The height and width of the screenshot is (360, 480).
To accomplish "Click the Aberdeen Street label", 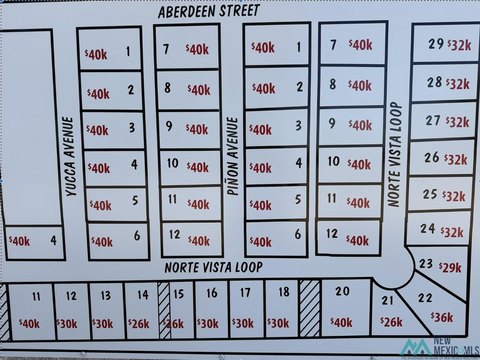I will click(x=208, y=11).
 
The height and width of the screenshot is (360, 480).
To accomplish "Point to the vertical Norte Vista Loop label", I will click(x=395, y=154).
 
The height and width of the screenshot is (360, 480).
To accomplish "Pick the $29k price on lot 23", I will click(x=450, y=268).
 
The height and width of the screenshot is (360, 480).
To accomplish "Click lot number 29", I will click(x=436, y=44).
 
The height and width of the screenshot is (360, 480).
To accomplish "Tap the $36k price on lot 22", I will click(x=442, y=317).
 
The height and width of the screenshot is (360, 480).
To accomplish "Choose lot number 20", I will click(x=341, y=292).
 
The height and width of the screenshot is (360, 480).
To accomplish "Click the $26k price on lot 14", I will click(x=139, y=324).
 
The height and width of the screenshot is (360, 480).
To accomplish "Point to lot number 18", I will click(x=284, y=292).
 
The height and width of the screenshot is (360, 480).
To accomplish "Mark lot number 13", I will click(x=105, y=295).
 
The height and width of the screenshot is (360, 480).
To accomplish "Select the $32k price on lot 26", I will click(x=456, y=158).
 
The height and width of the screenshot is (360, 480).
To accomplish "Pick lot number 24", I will click(x=428, y=229).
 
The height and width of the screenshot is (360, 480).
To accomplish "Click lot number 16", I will click(x=211, y=293).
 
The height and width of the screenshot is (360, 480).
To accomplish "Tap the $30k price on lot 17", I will click(x=242, y=324).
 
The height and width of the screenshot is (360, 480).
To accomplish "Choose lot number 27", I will click(x=432, y=121).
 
